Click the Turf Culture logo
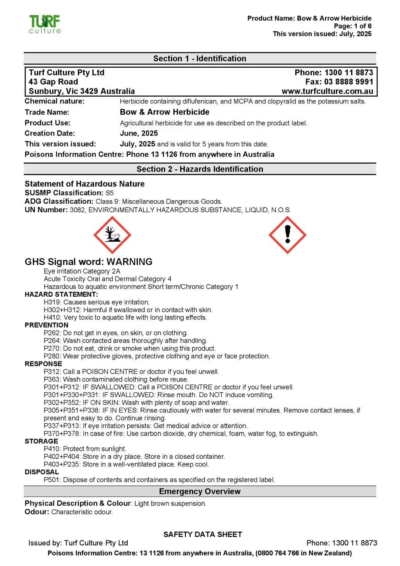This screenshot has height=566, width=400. (x=45, y=24)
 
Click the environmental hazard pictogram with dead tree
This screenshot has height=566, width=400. (x=112, y=235)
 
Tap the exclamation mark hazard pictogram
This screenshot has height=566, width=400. (x=287, y=235)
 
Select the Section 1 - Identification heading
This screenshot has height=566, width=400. (x=200, y=59)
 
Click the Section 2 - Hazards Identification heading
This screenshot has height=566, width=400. (x=200, y=169)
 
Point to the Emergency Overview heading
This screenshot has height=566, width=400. (x=200, y=491)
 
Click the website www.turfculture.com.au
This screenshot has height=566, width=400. (x=327, y=91)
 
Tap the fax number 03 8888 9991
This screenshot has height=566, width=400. (x=348, y=82)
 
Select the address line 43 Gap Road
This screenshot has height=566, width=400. (x=53, y=82)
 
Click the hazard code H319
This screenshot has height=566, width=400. (x=53, y=302)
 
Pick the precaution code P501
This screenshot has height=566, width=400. (x=52, y=480)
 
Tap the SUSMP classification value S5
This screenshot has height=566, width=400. (x=109, y=193)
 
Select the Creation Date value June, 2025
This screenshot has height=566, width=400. (x=139, y=133)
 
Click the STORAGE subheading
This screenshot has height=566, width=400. (x=41, y=441)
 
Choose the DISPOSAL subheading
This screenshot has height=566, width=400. (x=41, y=472)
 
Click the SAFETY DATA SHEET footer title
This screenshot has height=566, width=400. (x=203, y=534)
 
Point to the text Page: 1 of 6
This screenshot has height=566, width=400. (x=352, y=26)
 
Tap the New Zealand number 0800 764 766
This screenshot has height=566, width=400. (x=278, y=553)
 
